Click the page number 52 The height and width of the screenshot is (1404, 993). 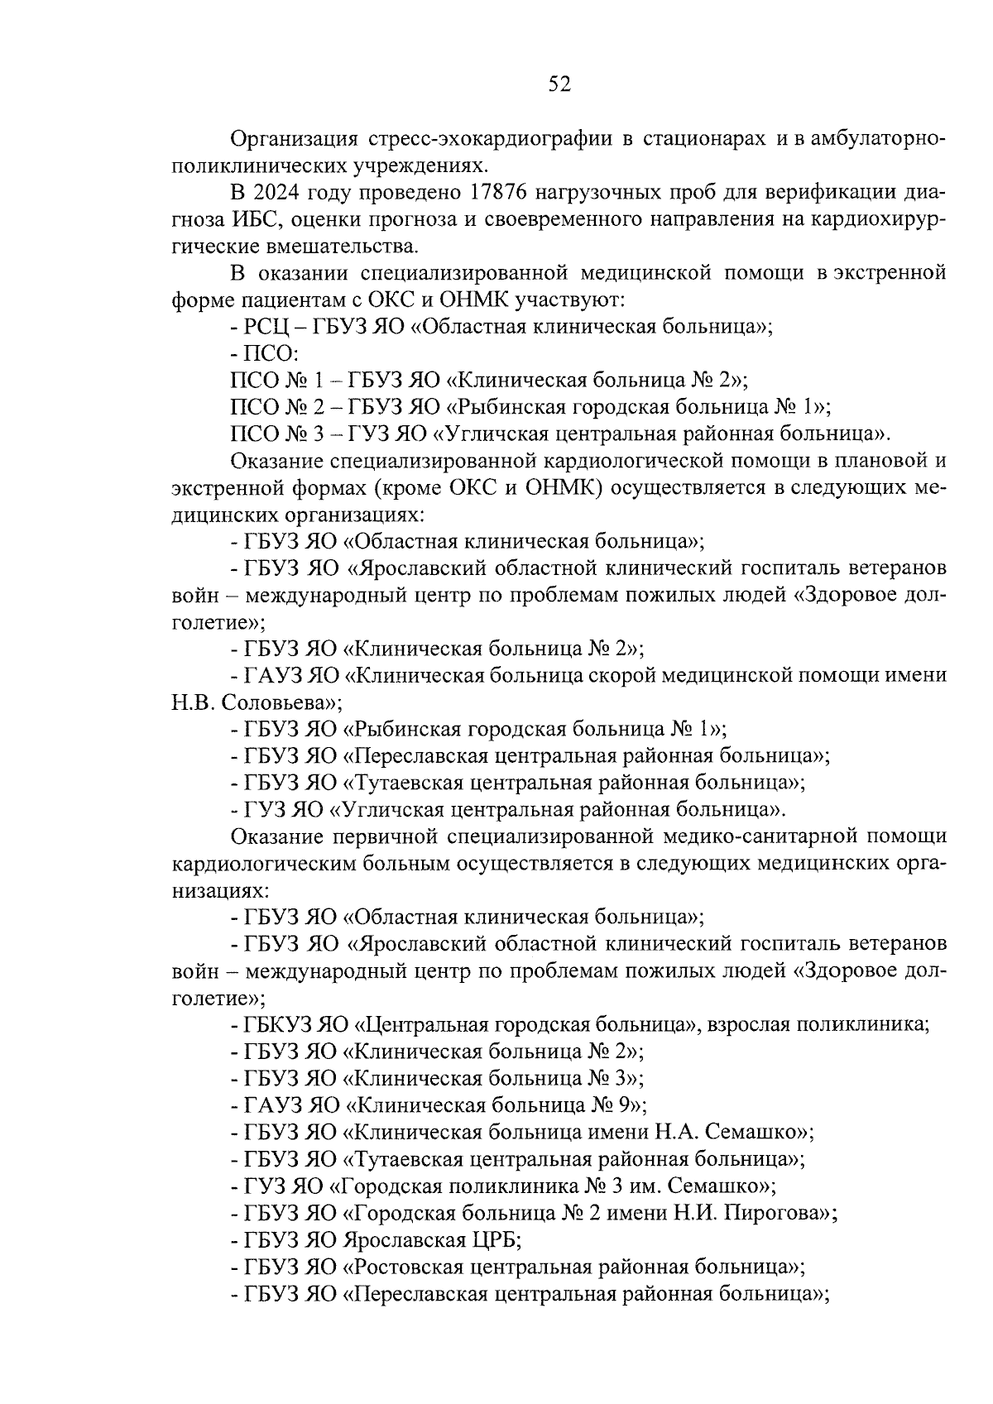click(559, 84)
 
